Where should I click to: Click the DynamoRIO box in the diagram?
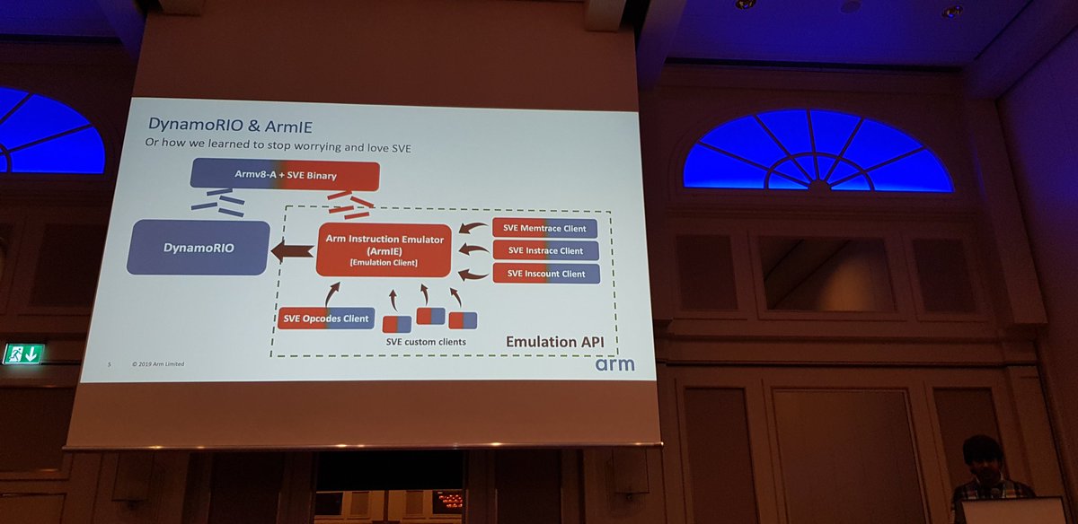point(199,248)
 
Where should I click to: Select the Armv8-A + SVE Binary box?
point(283,175)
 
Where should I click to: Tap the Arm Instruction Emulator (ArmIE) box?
point(384,250)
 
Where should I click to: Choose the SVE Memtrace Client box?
point(545,228)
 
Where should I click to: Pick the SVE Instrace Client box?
point(545,251)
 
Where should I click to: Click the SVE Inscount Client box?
point(545,274)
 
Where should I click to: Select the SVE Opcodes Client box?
point(325,319)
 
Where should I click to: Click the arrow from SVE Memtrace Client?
point(473,229)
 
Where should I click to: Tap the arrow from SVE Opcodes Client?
point(333,293)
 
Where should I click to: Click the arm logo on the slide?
point(614,364)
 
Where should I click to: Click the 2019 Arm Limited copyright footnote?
point(158,364)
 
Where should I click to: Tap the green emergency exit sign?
point(23,354)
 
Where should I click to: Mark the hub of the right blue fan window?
point(817,186)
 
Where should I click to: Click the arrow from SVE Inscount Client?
point(473,273)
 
